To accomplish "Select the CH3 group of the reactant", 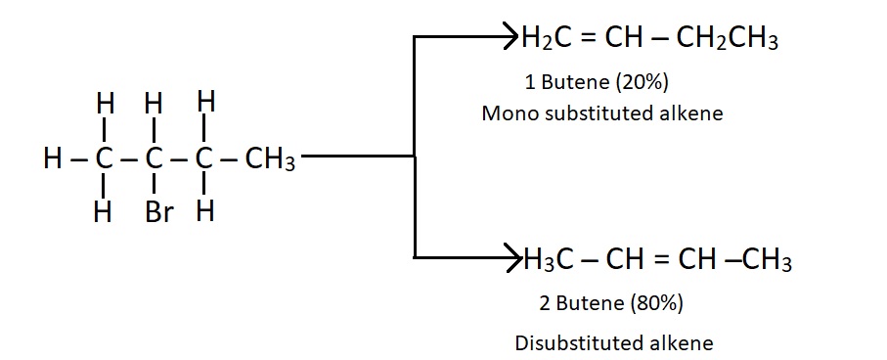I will (270, 159).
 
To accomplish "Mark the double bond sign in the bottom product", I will (665, 261).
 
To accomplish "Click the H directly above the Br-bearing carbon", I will (153, 103).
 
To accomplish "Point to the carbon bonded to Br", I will (153, 158).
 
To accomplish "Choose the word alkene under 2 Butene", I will (682, 343).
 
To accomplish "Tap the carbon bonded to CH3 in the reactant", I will (202, 158).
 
